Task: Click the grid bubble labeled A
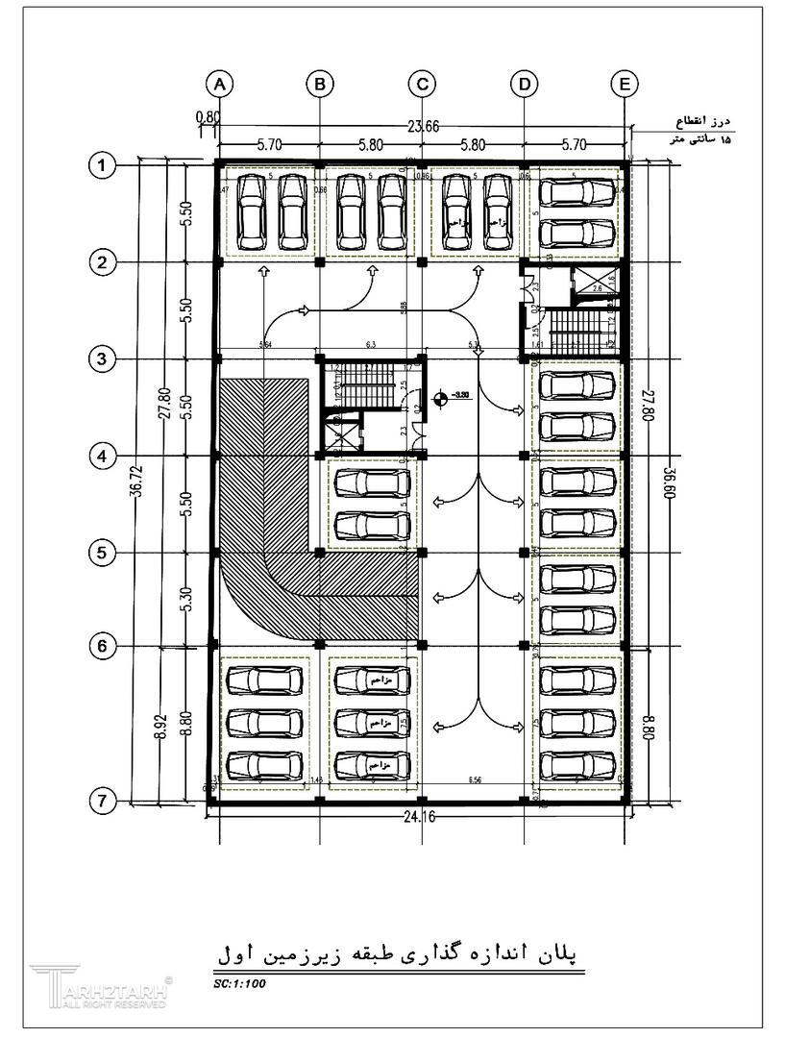[x=220, y=85]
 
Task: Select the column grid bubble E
[x=625, y=85]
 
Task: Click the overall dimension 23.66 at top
[x=423, y=126]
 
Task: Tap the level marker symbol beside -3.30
[x=440, y=395]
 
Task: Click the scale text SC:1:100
[x=239, y=983]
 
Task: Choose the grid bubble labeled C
[x=422, y=85]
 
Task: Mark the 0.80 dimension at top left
[x=208, y=117]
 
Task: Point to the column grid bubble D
[x=524, y=85]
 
